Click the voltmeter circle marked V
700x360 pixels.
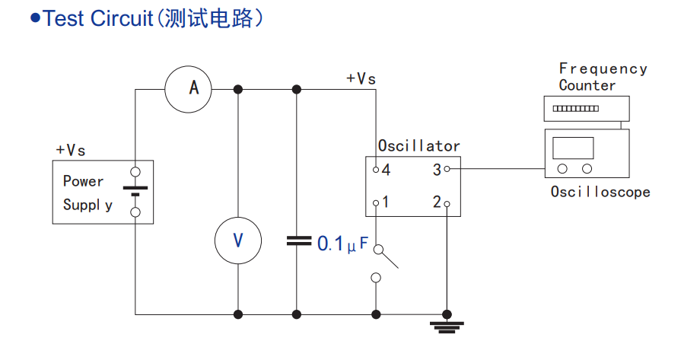click(238, 241)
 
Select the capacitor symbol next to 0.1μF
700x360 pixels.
click(297, 241)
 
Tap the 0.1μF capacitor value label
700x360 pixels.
click(342, 244)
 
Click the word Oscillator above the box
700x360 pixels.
click(418, 146)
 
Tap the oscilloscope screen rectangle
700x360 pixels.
click(574, 148)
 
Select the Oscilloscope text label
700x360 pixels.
click(600, 192)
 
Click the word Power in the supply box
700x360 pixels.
click(83, 181)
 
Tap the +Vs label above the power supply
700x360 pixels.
click(70, 150)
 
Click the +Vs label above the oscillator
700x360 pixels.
click(361, 78)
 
